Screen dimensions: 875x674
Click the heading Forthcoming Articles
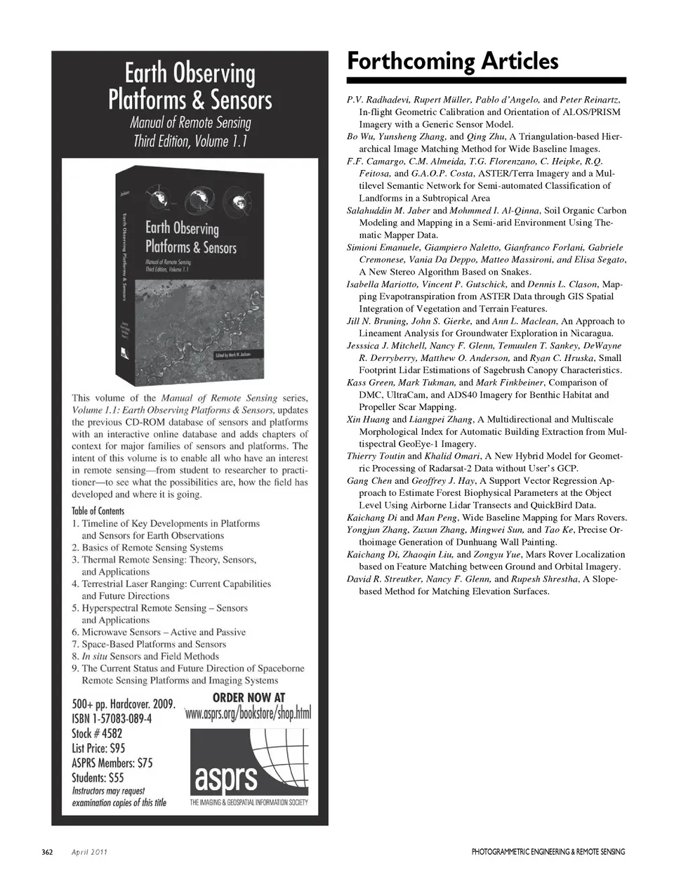point(453,62)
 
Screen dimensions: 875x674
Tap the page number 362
point(47,852)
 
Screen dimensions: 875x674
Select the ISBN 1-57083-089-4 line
point(112,719)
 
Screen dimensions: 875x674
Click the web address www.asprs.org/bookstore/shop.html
point(248,713)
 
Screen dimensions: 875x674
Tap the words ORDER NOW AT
point(249,697)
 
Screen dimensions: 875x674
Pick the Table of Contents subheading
point(98,511)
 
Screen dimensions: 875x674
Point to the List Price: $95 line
point(98,749)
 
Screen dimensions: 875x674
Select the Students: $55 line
point(98,777)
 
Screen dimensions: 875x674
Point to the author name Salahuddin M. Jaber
point(388,211)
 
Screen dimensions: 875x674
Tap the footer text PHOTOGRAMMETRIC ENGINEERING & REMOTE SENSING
point(548,852)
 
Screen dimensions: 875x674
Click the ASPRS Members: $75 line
point(112,763)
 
